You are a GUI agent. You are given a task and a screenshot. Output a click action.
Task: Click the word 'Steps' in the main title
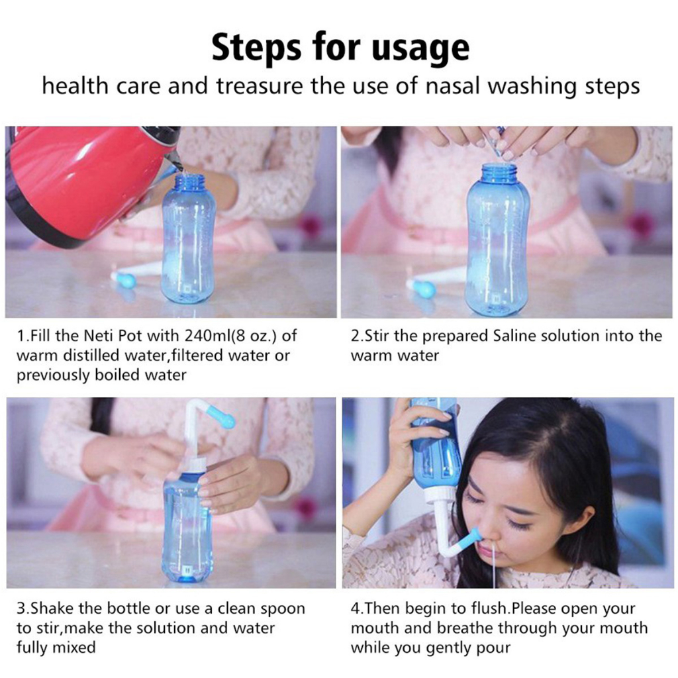point(256,47)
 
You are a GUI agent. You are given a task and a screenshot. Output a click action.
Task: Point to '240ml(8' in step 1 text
point(220,336)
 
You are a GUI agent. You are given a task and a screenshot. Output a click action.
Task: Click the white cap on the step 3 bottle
point(198,465)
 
